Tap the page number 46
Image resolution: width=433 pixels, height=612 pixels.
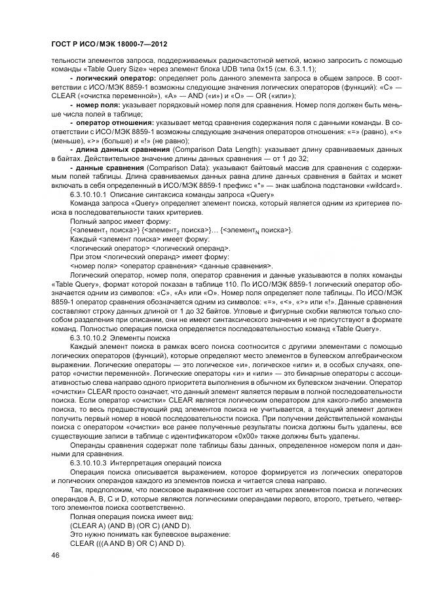(x=54, y=554)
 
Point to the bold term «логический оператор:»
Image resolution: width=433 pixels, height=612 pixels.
(x=113, y=77)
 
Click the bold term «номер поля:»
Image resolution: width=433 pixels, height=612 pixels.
(x=98, y=103)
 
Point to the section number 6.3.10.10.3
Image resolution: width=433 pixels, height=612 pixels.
(x=87, y=463)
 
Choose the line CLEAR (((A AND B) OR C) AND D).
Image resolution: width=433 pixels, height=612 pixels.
(x=127, y=543)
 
